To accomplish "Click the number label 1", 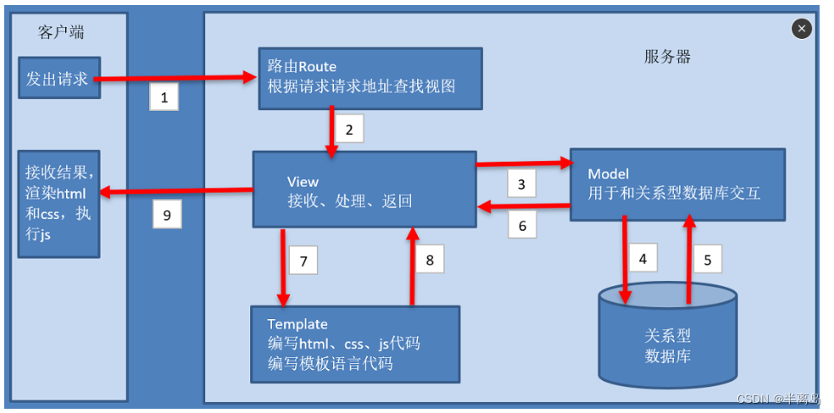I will (x=164, y=97).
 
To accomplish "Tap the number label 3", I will (x=521, y=184).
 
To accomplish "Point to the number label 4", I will (x=642, y=258).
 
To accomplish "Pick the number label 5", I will (x=708, y=259).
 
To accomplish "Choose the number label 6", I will (x=522, y=225).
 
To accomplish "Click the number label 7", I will (x=303, y=260).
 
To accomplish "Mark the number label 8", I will (x=430, y=260).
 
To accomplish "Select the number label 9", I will (x=167, y=215).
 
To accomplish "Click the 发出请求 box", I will (x=58, y=79).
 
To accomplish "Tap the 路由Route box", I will (x=370, y=77).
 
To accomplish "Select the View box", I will (x=364, y=190).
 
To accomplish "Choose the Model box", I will (x=676, y=184).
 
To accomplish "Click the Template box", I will (x=355, y=344).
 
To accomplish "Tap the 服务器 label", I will (x=667, y=57).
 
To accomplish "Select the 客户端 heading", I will (x=61, y=32).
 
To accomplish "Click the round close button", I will (x=802, y=29).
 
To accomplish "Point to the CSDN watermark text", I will (x=778, y=399).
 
